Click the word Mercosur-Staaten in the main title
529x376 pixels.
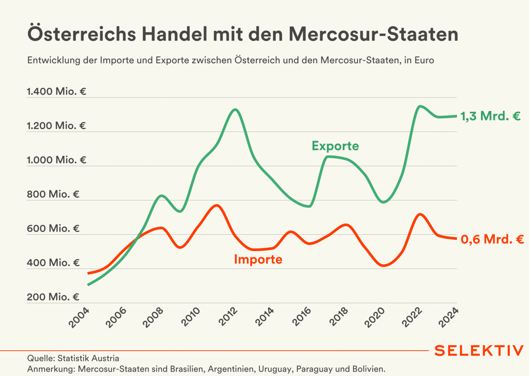pyautogui.click(x=373, y=34)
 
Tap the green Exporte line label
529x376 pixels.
pyautogui.click(x=335, y=146)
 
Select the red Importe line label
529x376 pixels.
pyautogui.click(x=258, y=259)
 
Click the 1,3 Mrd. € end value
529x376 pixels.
pyautogui.click(x=490, y=116)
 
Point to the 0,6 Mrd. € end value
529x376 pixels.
pyautogui.click(x=492, y=239)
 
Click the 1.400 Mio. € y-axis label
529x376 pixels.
pyautogui.click(x=56, y=91)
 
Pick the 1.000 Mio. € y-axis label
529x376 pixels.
pyautogui.click(x=56, y=160)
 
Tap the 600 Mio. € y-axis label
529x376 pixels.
pyautogui.click(x=53, y=228)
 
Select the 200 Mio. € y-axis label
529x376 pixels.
pyautogui.click(x=53, y=297)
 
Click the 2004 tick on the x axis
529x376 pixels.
pyautogui.click(x=79, y=317)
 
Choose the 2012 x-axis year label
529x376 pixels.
pyautogui.click(x=228, y=317)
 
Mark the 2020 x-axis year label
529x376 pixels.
pyautogui.click(x=375, y=317)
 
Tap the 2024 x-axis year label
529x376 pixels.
pyautogui.click(x=448, y=317)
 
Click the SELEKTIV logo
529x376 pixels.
pyautogui.click(x=479, y=350)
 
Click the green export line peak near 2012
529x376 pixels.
pyautogui.click(x=235, y=110)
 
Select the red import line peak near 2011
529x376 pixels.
pyautogui.click(x=217, y=205)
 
